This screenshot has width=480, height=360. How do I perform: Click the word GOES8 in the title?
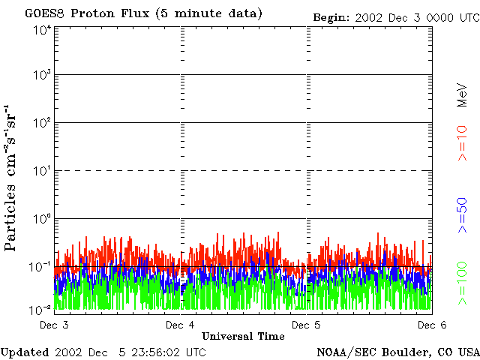point(43,14)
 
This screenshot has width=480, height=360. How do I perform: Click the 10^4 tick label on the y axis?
point(42,29)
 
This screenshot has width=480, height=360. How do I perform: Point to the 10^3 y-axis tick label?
point(42,76)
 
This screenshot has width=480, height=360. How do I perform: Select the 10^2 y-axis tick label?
point(42,123)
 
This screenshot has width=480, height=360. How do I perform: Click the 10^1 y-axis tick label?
point(42,171)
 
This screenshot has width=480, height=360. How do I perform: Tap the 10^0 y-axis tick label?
point(42,219)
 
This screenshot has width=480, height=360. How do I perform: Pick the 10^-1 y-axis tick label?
point(42,266)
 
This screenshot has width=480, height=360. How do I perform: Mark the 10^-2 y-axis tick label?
point(42,308)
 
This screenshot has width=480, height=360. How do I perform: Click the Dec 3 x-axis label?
point(54,325)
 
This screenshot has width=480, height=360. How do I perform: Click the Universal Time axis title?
point(243,336)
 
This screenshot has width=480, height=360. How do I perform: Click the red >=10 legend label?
point(462,143)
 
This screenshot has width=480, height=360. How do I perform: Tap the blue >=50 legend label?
point(462,214)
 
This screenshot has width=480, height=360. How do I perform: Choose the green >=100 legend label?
point(462,282)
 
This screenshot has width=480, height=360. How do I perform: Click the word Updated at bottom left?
point(25,352)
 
